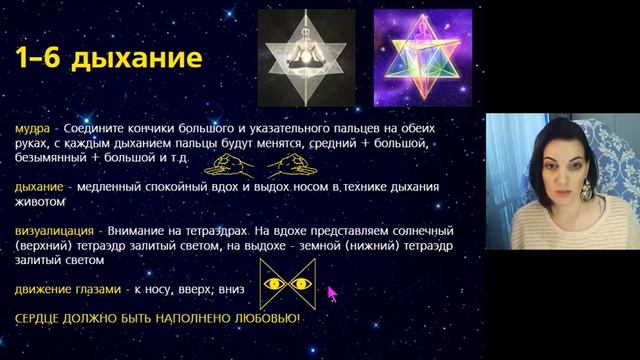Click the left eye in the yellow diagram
(272, 284)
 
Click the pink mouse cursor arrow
(332, 292)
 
